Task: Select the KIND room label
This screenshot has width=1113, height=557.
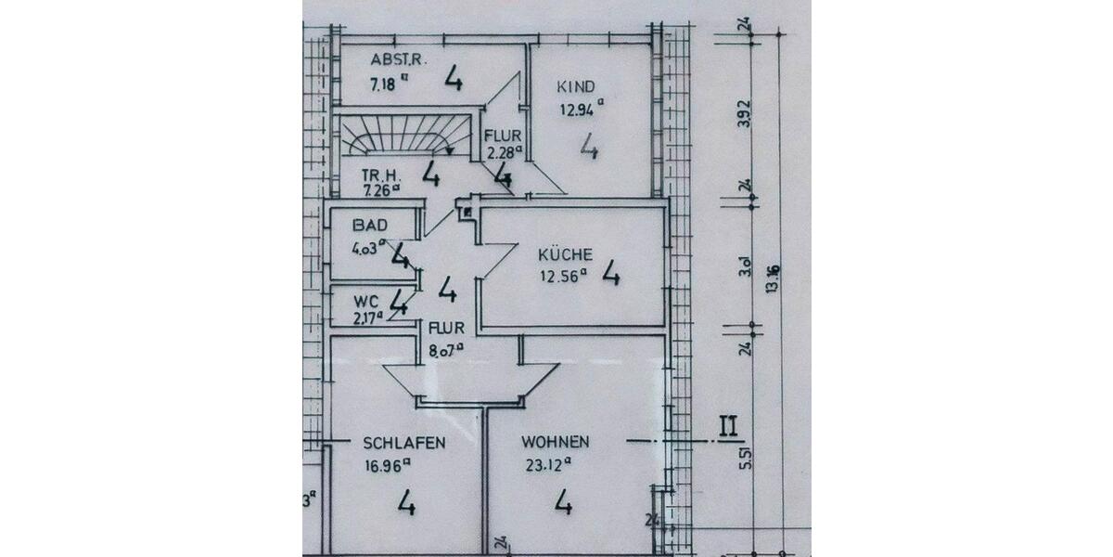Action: (x=575, y=87)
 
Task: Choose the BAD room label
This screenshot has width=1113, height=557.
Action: (x=369, y=226)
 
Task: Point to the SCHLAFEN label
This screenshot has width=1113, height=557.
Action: (x=404, y=443)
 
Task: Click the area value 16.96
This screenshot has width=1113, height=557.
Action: (x=386, y=467)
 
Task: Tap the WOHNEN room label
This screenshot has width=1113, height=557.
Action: (x=555, y=443)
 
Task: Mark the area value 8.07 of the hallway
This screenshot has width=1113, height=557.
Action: (x=444, y=351)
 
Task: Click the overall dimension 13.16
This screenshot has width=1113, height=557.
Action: (x=770, y=278)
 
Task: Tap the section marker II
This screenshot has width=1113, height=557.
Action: (x=728, y=429)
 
